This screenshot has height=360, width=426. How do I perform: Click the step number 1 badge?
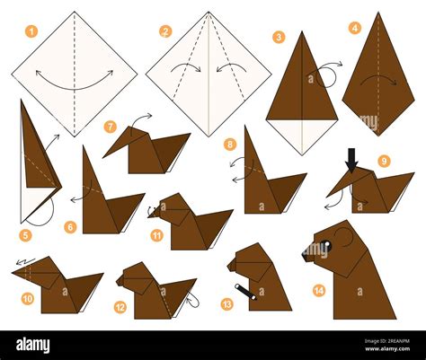tap(31, 31)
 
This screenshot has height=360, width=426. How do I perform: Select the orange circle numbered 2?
tap(165, 31)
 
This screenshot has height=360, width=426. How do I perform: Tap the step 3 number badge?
tap(280, 37)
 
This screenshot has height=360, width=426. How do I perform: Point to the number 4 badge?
tap(354, 28)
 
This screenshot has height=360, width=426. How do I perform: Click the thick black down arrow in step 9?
tap(351, 157)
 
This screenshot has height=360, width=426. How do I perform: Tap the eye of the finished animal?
tap(327, 245)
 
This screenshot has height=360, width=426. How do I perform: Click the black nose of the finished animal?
tap(306, 255)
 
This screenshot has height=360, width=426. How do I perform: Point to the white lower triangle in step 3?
tap(302, 132)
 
